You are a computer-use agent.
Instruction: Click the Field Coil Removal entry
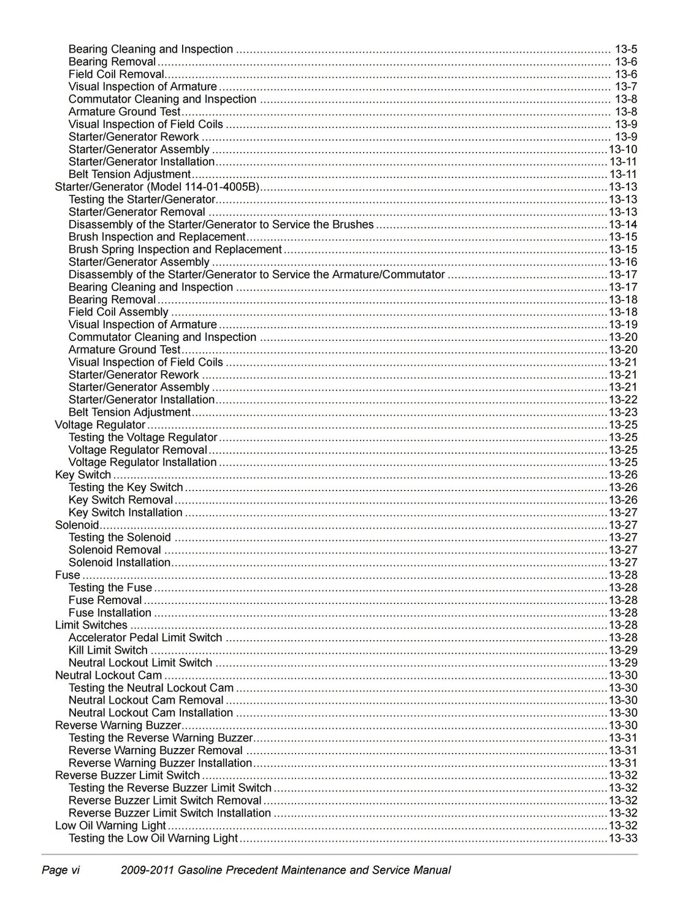[116, 74]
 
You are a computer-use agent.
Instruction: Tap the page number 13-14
[622, 224]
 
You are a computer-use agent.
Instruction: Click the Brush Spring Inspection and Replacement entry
[175, 250]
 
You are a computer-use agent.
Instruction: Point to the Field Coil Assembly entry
[118, 312]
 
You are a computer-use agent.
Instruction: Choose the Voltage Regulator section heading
[100, 425]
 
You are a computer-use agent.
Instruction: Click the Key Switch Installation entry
[125, 513]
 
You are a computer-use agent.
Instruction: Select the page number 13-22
[622, 400]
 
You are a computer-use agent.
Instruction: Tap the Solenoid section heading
[77, 525]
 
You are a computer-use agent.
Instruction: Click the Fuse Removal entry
[105, 600]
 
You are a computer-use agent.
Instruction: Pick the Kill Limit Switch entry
[108, 650]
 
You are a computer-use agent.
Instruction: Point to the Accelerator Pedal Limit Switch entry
[145, 638]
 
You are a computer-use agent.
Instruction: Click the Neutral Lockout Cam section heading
[109, 675]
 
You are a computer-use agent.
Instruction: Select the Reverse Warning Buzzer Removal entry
[155, 750]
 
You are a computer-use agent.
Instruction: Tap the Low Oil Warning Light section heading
[110, 825]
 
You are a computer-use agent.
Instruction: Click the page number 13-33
[622, 838]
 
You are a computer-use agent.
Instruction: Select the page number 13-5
[625, 49]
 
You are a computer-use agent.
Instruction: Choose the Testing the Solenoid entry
[120, 538]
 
